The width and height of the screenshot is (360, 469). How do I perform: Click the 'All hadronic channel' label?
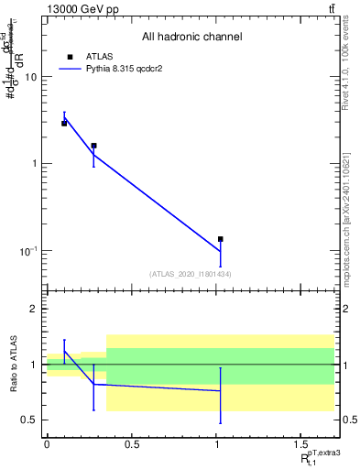pos(191,38)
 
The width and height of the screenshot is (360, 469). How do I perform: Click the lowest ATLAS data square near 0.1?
pos(221,239)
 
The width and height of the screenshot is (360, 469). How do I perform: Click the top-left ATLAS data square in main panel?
pos(64,123)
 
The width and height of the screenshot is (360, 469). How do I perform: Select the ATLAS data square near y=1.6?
pos(93,145)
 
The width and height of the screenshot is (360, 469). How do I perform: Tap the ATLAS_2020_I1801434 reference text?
pos(191,273)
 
